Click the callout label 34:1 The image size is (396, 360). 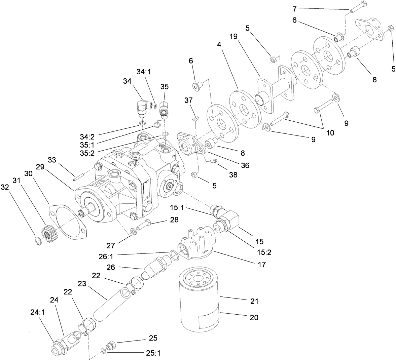[x=144, y=72]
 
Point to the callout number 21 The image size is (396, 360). [x=254, y=301]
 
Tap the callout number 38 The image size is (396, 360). [x=233, y=175]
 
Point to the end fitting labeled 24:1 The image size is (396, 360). [x=56, y=348]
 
